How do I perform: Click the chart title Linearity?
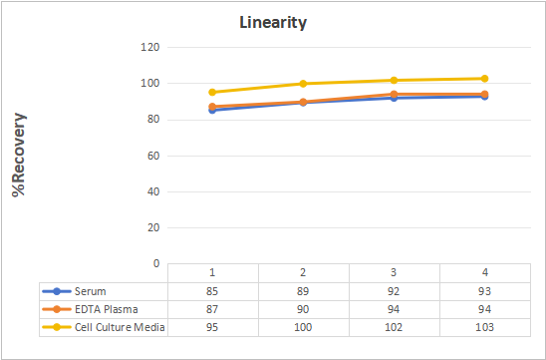[x=273, y=23]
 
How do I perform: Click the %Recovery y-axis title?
[x=19, y=155]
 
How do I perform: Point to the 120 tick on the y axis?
[x=150, y=47]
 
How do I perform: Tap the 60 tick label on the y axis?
[x=153, y=156]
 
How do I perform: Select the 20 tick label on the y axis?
[x=153, y=227]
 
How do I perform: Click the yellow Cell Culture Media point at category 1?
[x=212, y=93]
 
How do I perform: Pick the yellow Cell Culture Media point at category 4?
[x=484, y=79]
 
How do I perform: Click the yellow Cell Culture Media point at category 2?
[x=303, y=84]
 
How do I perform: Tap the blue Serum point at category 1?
[x=212, y=110]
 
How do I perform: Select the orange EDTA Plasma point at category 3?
[x=394, y=95]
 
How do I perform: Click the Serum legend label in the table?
[x=91, y=291]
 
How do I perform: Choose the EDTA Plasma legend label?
[x=107, y=309]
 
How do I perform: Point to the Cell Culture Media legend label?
[x=120, y=327]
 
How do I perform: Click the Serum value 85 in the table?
[x=212, y=291]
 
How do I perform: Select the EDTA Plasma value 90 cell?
[x=303, y=309]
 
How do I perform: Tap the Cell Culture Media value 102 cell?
[x=394, y=327]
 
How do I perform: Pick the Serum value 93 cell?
[x=484, y=291]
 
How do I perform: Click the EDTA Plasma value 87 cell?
[x=212, y=309]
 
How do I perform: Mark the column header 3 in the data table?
[x=394, y=272]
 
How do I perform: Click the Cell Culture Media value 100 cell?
[x=303, y=327]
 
